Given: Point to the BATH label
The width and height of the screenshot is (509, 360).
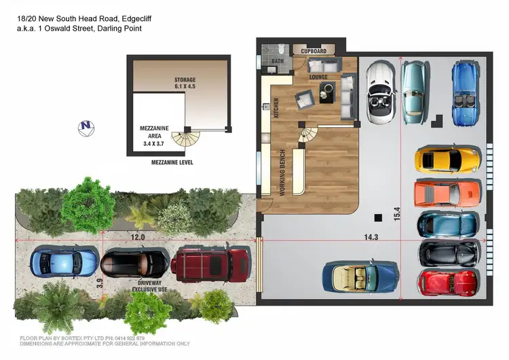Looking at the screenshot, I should (278, 61).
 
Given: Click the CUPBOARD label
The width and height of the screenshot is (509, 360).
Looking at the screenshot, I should (314, 51).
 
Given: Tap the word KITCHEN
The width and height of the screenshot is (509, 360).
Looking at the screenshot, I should (276, 108).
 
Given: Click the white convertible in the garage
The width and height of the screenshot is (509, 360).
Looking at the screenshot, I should (379, 92).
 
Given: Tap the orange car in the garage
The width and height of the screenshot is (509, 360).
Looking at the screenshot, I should (447, 193).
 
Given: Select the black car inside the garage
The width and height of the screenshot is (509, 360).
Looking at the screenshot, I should (449, 253).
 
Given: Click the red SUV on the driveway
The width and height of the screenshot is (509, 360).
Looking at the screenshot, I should (210, 264).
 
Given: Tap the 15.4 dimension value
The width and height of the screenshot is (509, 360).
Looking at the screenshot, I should (397, 213).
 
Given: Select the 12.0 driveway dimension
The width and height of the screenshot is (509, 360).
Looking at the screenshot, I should (138, 237).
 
